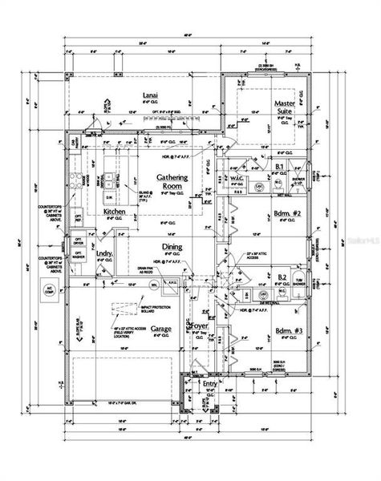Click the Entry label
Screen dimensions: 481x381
210,384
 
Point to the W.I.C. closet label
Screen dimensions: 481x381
237,178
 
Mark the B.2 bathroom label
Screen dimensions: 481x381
282,277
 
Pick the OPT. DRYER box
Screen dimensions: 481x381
79,240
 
